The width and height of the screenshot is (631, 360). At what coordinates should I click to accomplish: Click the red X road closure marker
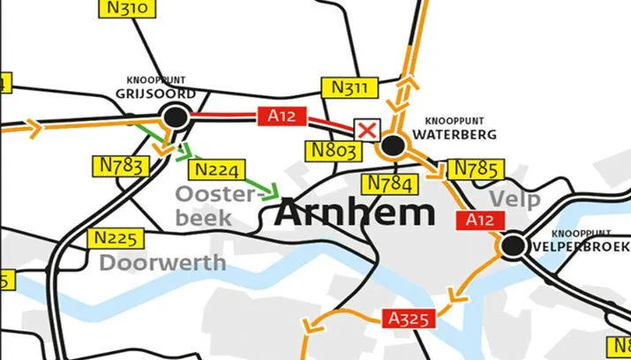pyautogui.click(x=367, y=131)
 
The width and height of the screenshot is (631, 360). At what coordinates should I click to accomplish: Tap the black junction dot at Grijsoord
pyautogui.click(x=176, y=115)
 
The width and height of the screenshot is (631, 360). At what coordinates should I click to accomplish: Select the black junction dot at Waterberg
pyautogui.click(x=393, y=145)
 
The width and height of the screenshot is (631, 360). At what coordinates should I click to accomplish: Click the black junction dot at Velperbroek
pyautogui.click(x=511, y=244)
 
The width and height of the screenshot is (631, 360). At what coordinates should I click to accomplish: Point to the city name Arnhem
pyautogui.click(x=356, y=213)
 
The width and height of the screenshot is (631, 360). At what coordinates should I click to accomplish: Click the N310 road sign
pyautogui.click(x=125, y=10)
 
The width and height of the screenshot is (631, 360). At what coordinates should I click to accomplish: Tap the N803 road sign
pyautogui.click(x=335, y=151)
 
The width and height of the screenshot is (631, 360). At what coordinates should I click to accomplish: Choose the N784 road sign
pyautogui.click(x=388, y=184)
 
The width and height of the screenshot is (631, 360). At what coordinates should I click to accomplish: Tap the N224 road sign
pyautogui.click(x=216, y=169)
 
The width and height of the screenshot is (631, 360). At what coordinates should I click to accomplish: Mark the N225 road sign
pyautogui.click(x=116, y=238)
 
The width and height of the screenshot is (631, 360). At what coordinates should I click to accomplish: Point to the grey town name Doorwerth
pyautogui.click(x=162, y=262)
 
